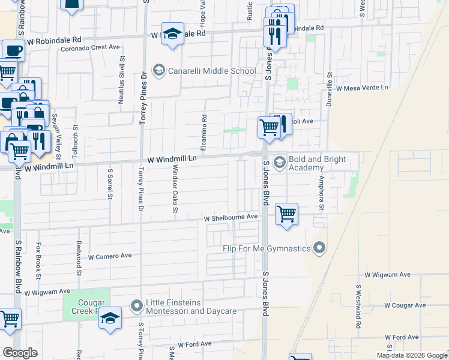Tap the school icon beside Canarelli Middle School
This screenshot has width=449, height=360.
click(159, 71)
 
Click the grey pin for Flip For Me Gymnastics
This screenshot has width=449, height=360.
click(319, 248)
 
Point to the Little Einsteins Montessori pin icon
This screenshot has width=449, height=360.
click(137, 306)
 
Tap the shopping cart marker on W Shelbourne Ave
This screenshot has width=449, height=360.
click(287, 214)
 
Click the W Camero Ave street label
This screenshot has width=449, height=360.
click(110, 256)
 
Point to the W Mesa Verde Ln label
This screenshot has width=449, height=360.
click(362, 88)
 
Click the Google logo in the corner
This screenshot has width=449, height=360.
click(20, 353)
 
